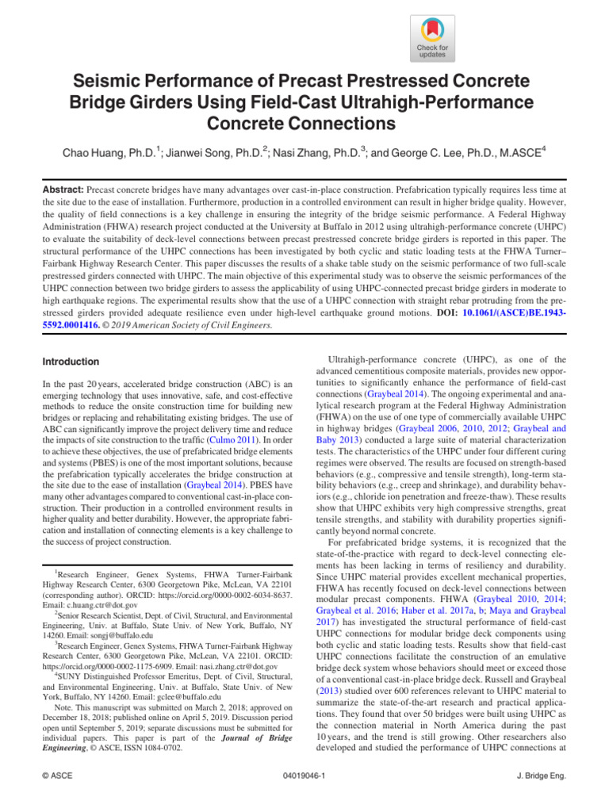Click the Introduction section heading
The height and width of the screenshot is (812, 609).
[71, 362]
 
